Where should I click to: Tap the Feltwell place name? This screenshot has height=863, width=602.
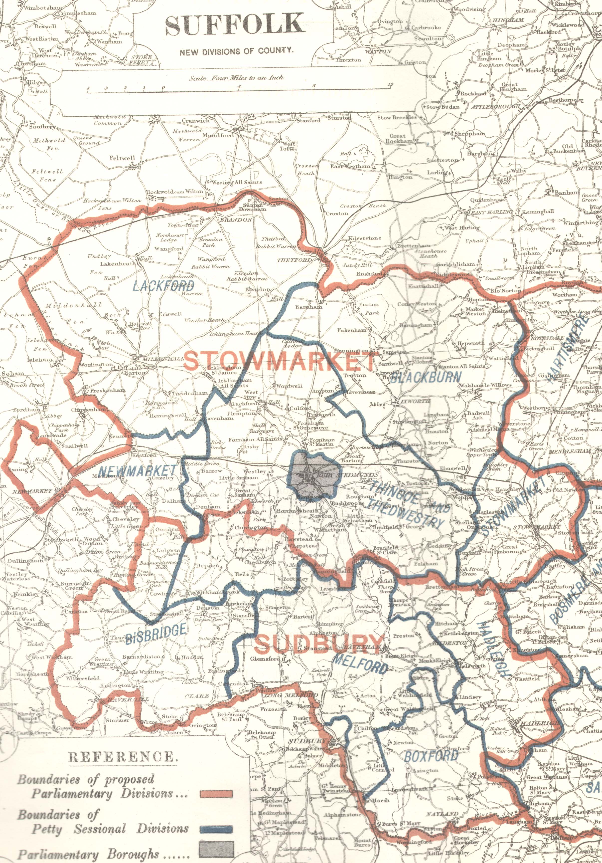(122, 158)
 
